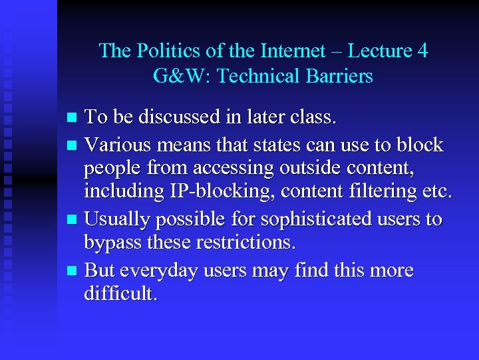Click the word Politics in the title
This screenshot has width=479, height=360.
[160, 51]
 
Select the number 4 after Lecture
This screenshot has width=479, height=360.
[422, 51]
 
